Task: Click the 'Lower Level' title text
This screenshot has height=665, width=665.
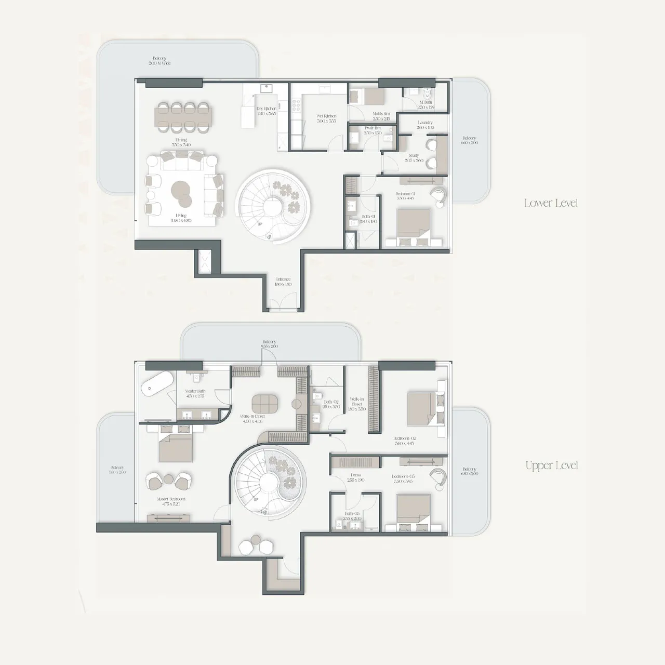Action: click(551, 203)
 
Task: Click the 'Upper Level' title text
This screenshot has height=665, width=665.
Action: click(551, 465)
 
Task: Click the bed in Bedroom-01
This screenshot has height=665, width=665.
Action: click(414, 225)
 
